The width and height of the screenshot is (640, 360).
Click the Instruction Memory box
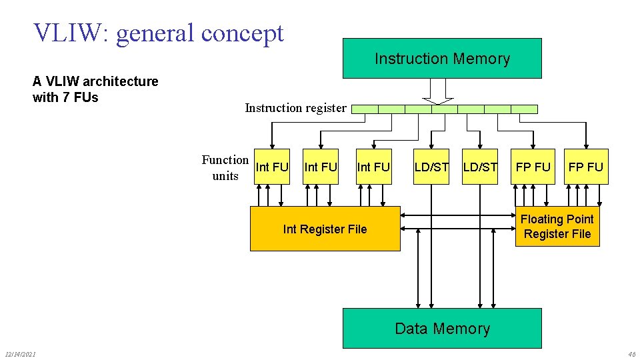[x=442, y=59]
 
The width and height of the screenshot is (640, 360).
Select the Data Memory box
[x=442, y=328]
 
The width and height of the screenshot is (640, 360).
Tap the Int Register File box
[x=325, y=229]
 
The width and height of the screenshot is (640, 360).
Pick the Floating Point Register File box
[x=557, y=227]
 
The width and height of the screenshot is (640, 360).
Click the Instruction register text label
[x=295, y=108]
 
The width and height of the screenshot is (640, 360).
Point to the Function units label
[x=225, y=167]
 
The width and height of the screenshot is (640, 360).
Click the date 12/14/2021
[x=20, y=353]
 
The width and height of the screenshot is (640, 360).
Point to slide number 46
[x=631, y=353]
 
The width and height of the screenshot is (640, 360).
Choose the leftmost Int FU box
[x=272, y=167]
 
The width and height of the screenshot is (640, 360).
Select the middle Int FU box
[x=321, y=167]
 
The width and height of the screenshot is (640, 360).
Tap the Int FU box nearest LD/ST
[x=373, y=167]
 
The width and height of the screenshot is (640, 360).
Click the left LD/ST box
[x=431, y=167]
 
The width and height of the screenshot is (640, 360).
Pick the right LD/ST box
[x=480, y=167]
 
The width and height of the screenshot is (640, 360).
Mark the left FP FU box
[x=533, y=167]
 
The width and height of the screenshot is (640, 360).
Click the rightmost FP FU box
[x=586, y=167]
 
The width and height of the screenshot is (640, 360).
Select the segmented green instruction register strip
[x=445, y=109]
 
